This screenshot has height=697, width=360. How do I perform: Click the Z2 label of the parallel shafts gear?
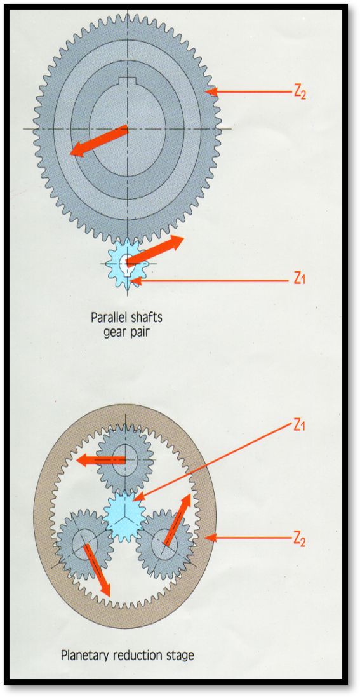[300, 92]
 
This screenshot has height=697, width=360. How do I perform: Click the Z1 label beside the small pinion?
[298, 279]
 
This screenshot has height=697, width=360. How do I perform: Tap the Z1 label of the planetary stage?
[298, 425]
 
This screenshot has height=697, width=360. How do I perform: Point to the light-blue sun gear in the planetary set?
[125, 514]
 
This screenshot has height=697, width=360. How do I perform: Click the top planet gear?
[125, 459]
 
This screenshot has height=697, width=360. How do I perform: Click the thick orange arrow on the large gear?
[98, 140]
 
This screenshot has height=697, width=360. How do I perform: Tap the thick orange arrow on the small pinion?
[155, 250]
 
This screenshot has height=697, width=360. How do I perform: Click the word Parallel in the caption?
[109, 319]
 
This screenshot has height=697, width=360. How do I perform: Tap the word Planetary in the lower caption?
[83, 656]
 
